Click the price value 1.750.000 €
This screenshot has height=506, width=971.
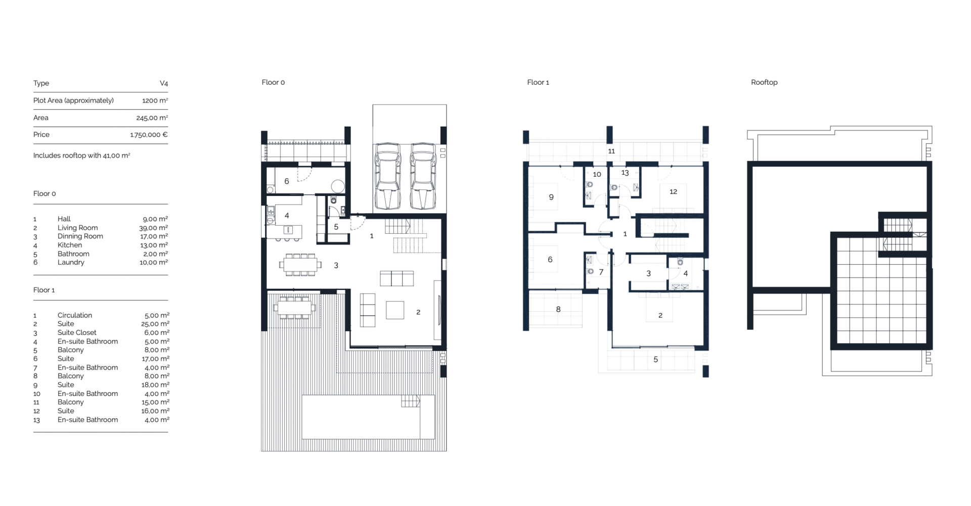(149, 135)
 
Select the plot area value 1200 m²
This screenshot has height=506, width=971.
(155, 100)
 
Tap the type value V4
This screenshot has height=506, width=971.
(164, 83)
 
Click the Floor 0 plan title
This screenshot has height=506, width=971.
(273, 82)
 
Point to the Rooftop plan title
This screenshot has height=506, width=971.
(764, 82)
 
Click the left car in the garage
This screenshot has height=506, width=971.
(387, 176)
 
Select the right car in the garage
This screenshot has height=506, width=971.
(423, 176)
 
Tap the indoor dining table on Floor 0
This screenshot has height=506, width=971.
(300, 265)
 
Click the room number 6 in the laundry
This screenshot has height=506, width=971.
(286, 181)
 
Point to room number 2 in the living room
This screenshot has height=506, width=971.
(418, 312)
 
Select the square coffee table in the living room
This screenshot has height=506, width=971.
(395, 310)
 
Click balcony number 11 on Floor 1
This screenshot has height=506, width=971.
(611, 151)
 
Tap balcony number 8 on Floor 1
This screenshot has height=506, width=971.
(558, 309)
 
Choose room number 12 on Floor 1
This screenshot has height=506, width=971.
(673, 191)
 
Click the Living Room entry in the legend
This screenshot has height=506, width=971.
(77, 228)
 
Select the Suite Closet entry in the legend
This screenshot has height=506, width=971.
(77, 333)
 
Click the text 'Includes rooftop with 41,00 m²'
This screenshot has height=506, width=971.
(82, 156)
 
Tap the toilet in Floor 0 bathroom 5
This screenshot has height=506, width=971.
(333, 201)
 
